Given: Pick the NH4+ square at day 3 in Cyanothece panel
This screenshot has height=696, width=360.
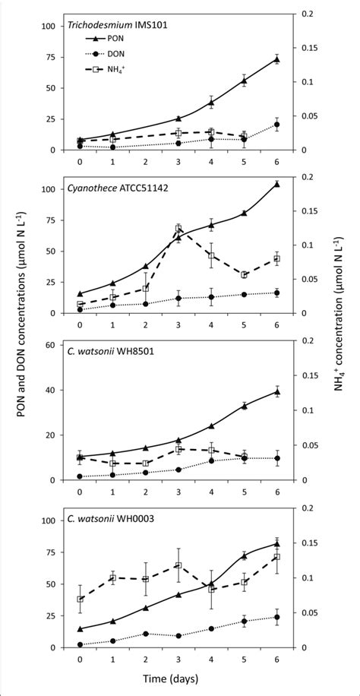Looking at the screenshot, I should (x=178, y=228).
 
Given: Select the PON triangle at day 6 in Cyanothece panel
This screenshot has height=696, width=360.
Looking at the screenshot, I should (x=276, y=183).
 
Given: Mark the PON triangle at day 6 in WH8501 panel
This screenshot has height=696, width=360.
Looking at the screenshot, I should (x=276, y=391).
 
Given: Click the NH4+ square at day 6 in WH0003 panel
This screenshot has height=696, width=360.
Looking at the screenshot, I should (x=276, y=557).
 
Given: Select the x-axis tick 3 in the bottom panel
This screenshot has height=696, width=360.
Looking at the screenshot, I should (x=178, y=658).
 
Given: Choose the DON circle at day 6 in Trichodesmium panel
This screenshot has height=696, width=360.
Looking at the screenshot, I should (x=276, y=125).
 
